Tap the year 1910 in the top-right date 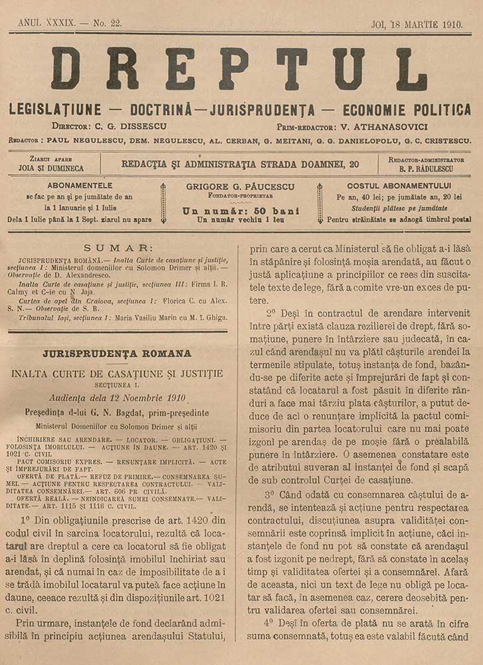(x=456, y=23)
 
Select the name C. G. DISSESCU (x=126, y=126)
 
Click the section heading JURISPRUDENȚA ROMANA (x=117, y=353)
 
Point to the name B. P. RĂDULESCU (x=426, y=169)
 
